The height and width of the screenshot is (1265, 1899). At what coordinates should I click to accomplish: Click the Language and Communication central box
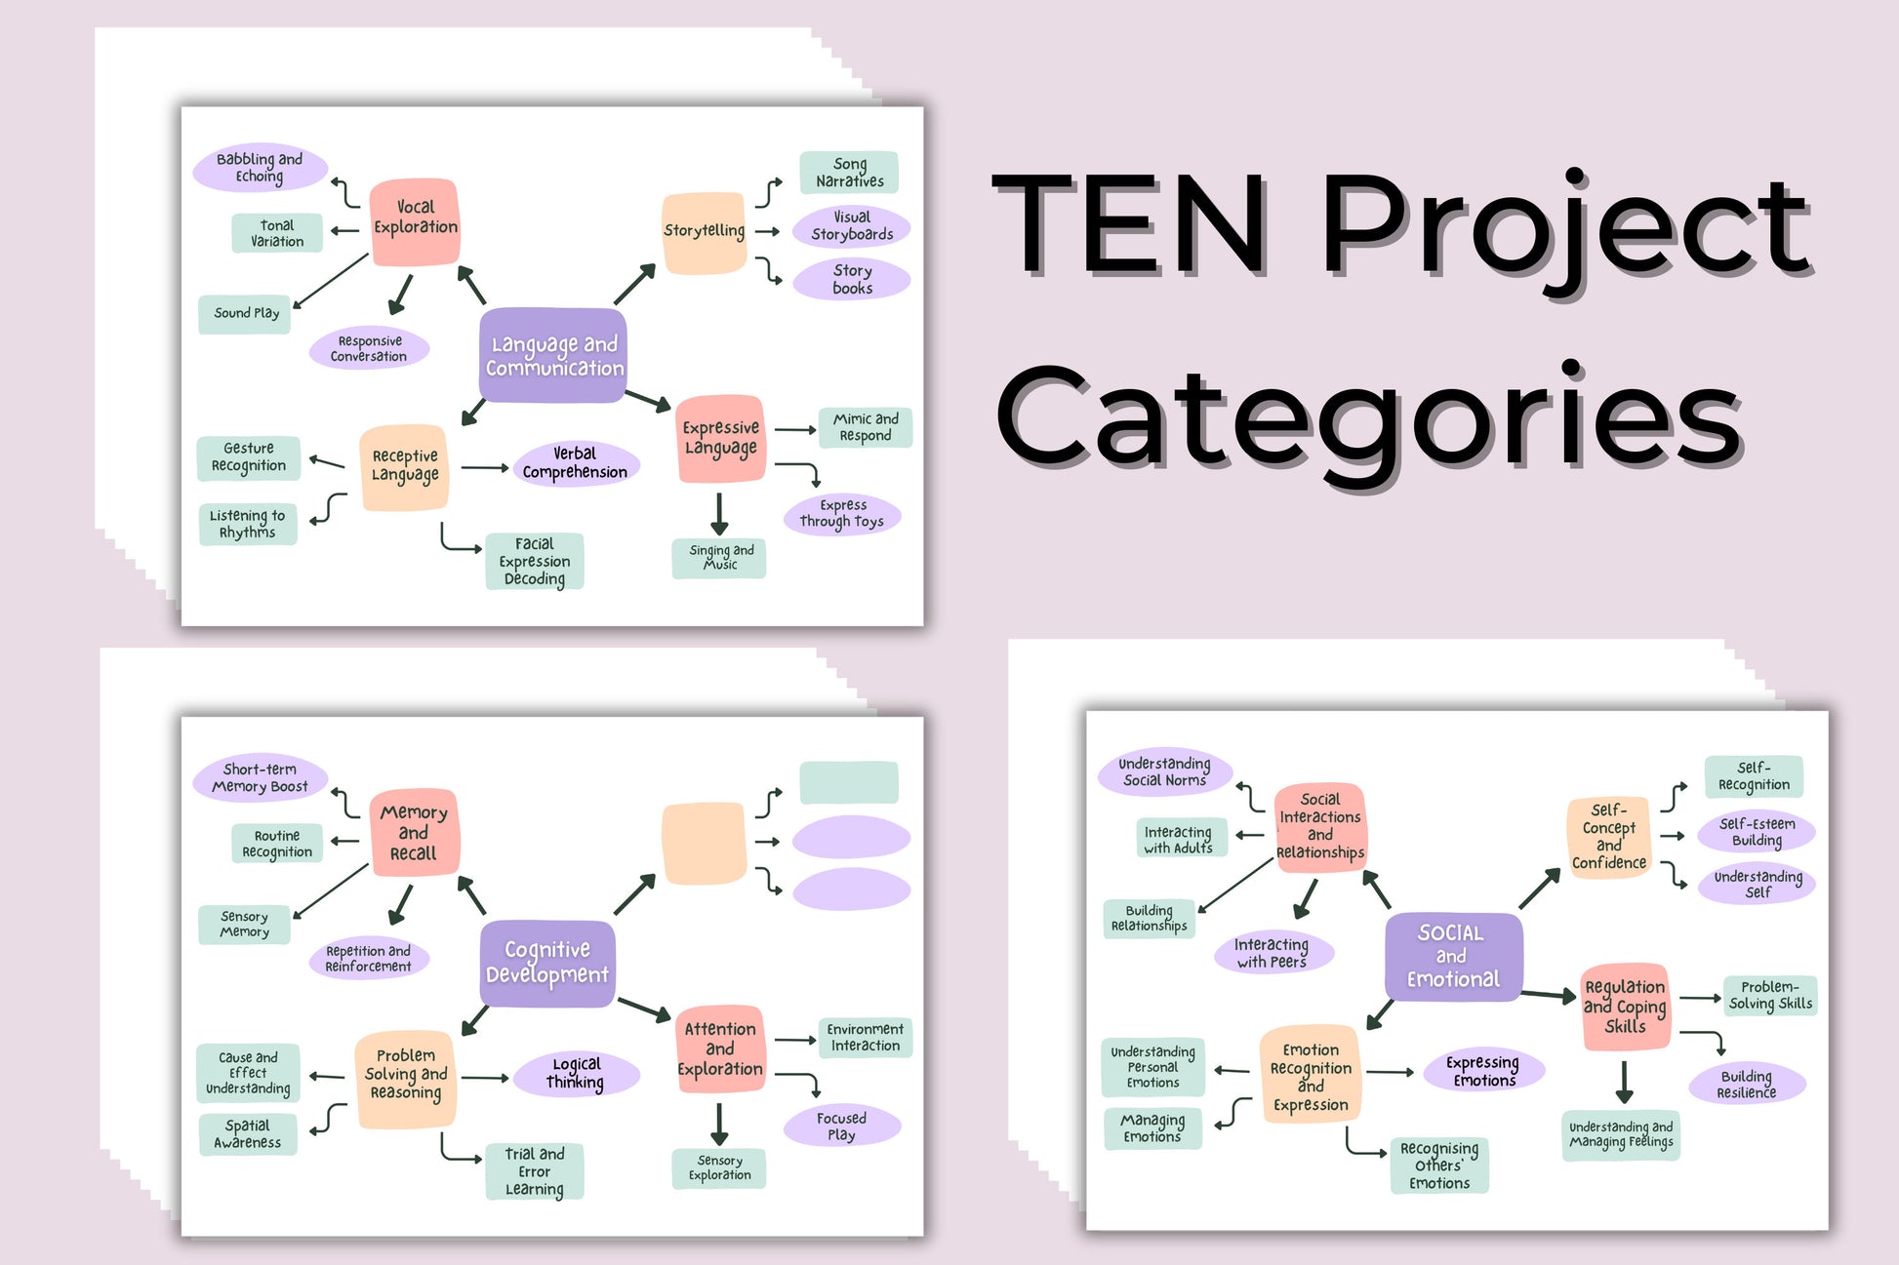553,355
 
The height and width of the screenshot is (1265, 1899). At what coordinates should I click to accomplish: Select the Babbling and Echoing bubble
260,168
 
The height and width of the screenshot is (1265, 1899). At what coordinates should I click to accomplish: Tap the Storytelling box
704,232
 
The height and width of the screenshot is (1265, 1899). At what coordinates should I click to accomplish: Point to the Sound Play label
245,313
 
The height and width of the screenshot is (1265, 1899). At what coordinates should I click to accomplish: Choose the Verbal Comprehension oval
576,463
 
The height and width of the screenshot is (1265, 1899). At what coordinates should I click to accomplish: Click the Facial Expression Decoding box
535,561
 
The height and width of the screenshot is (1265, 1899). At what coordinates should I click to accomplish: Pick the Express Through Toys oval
842,514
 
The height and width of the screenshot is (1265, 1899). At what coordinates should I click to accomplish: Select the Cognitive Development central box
547,963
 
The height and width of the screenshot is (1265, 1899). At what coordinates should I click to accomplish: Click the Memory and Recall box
414,832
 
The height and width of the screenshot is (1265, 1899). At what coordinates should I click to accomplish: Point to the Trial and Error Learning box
535,1170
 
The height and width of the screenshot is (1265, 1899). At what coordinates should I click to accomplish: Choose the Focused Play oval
841,1126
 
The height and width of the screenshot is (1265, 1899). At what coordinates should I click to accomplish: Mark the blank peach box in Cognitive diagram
704,843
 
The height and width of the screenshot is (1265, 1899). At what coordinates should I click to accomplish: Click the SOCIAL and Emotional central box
1452,956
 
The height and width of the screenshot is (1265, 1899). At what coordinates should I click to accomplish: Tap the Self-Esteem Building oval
1757,832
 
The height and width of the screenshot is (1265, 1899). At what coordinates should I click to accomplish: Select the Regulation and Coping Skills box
1625,1007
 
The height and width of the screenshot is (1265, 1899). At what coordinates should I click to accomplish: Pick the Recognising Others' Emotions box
1439,1165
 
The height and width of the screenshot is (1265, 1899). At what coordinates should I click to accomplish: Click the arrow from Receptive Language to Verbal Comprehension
484,468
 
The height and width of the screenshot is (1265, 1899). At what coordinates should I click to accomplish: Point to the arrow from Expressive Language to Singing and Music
719,514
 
